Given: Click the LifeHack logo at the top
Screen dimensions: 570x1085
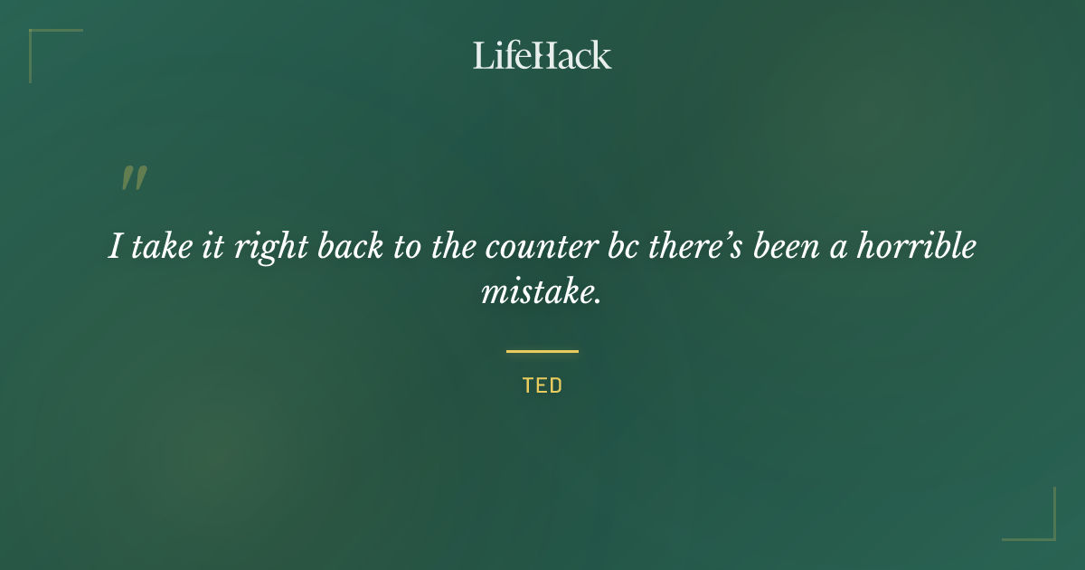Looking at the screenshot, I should click(x=542, y=55).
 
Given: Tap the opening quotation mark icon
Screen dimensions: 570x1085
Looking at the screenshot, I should click(x=134, y=178).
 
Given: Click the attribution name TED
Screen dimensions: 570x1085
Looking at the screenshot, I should click(x=542, y=385).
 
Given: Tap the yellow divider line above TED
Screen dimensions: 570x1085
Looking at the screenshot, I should click(x=542, y=351).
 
